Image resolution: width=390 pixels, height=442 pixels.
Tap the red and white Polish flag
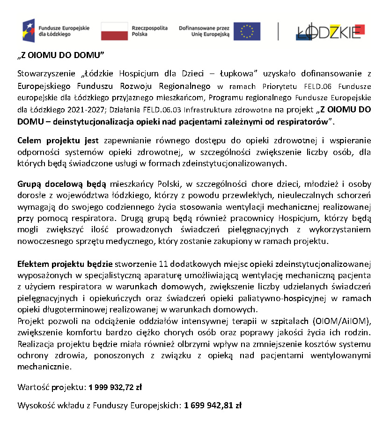[114, 31]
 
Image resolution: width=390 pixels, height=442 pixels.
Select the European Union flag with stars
[247, 31]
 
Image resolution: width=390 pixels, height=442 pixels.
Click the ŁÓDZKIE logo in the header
[331, 31]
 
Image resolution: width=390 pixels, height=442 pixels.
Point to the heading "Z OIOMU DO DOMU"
[61, 55]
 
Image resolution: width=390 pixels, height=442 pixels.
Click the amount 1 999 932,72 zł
[115, 387]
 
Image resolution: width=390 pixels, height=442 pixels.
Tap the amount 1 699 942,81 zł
[213, 405]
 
